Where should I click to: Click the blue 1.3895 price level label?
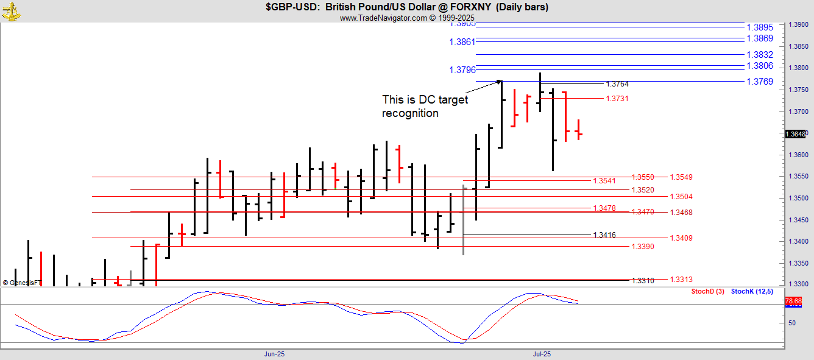coord(759,27)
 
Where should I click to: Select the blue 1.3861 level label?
coord(462,42)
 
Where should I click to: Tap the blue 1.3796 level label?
coord(462,70)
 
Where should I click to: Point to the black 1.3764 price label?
coord(617,84)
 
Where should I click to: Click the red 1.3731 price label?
coord(617,99)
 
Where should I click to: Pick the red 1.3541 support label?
coord(604,181)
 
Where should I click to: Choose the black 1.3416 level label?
coord(604,235)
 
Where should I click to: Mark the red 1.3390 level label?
coord(643,246)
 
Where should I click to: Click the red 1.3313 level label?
coord(681,280)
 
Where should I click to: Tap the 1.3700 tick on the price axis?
coord(798,112)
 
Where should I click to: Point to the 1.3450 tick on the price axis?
coord(798,220)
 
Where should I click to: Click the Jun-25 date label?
coord(274,354)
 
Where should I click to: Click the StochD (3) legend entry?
coord(707,292)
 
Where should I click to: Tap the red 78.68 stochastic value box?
coord(793,302)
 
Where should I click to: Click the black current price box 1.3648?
coord(795,134)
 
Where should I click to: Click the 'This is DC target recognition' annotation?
coord(425,107)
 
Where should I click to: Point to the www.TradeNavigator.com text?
coord(384,18)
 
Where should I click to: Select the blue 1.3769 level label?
coord(759,82)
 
